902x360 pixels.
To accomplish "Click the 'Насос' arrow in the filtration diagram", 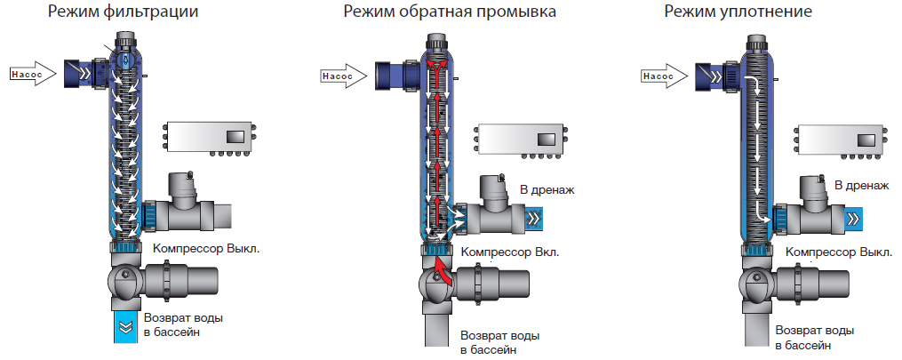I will pyautogui.click(x=32, y=74).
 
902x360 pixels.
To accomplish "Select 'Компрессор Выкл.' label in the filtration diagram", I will pyautogui.click(x=206, y=248).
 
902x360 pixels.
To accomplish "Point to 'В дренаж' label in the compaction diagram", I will pyautogui.click(x=861, y=185).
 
